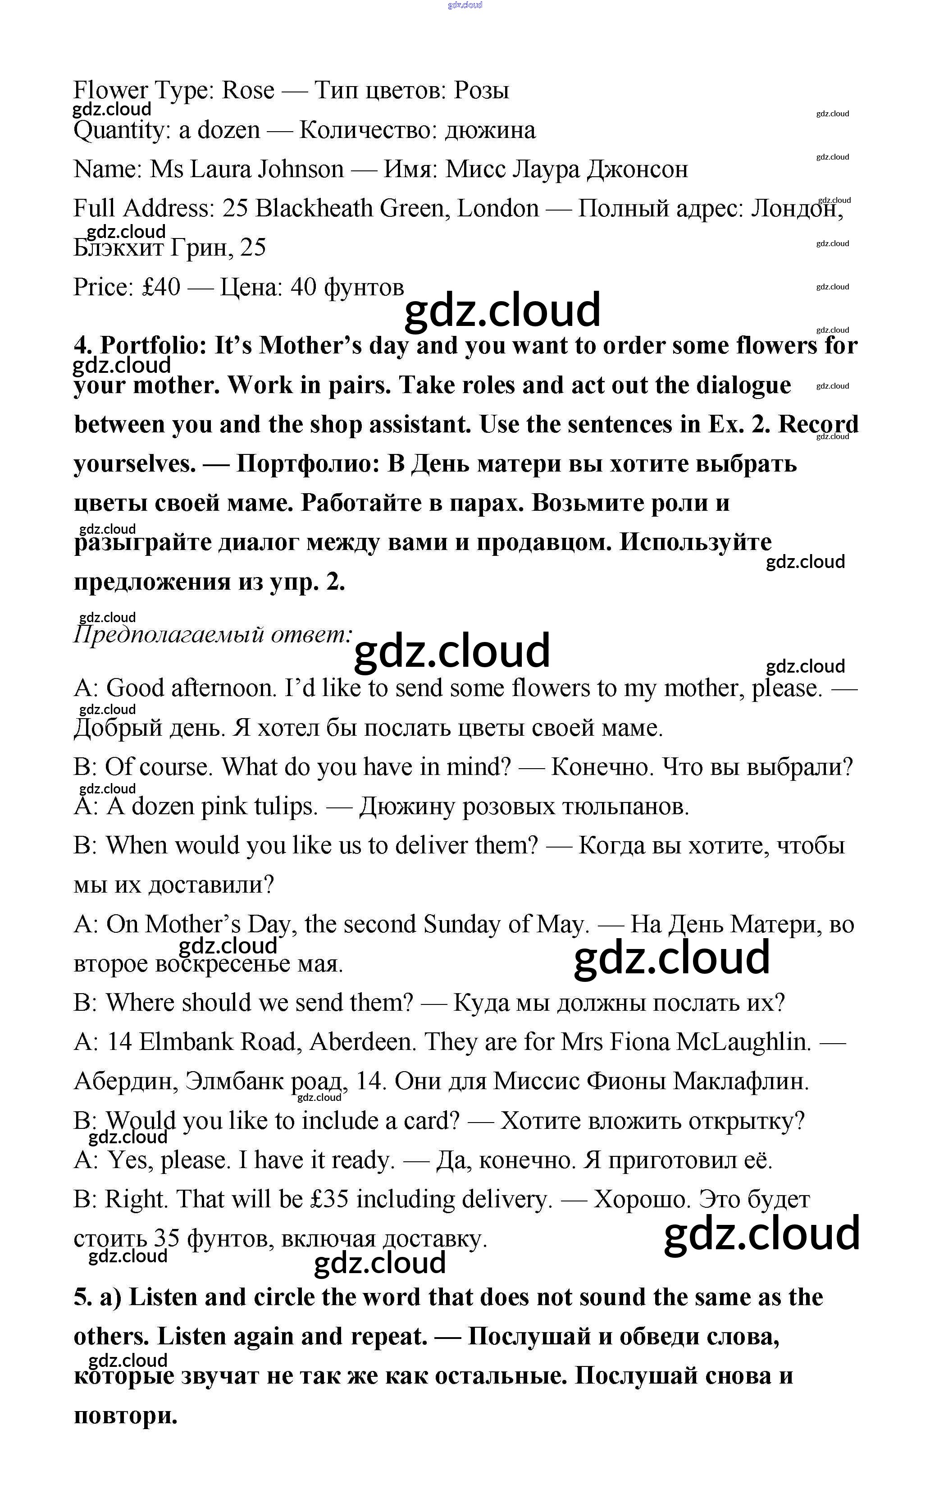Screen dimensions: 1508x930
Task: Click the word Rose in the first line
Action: pos(248,91)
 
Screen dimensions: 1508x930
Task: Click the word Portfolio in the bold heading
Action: pos(154,346)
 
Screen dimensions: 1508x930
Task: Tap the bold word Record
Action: pos(818,425)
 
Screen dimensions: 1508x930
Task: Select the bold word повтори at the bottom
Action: pos(125,1415)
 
